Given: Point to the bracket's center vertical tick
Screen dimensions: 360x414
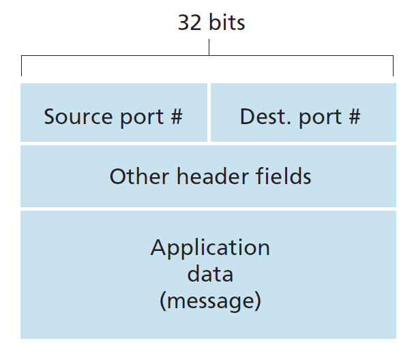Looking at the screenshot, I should [x=209, y=48].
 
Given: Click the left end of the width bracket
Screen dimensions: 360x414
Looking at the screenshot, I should [x=22, y=67].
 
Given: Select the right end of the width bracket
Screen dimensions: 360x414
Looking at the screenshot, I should [x=394, y=67].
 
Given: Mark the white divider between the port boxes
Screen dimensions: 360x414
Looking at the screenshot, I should [x=209, y=112].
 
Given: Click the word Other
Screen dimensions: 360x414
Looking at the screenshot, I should [x=139, y=177].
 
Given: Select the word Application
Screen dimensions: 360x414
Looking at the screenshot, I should [x=210, y=247].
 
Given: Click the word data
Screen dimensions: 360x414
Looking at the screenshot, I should [x=210, y=274].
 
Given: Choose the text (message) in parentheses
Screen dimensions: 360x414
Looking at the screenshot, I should [x=210, y=301].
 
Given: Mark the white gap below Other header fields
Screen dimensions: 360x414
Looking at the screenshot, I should [x=209, y=209].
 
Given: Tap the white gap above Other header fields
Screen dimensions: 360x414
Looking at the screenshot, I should [x=209, y=144].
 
